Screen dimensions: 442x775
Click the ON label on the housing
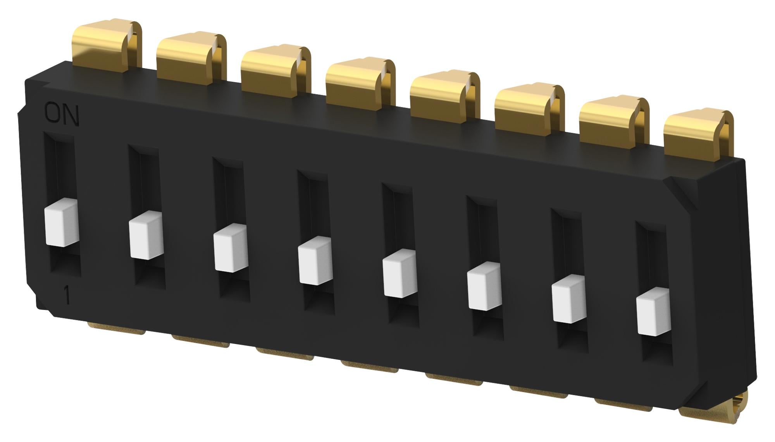click(x=62, y=114)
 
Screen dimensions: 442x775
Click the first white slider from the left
click(x=62, y=223)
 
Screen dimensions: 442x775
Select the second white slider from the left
click(x=146, y=235)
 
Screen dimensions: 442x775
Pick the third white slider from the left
click(x=231, y=248)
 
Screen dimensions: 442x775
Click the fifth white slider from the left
click(x=400, y=273)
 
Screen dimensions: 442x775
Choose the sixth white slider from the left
click(x=484, y=286)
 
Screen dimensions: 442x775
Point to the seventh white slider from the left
click(x=568, y=299)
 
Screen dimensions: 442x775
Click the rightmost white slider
click(x=653, y=311)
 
